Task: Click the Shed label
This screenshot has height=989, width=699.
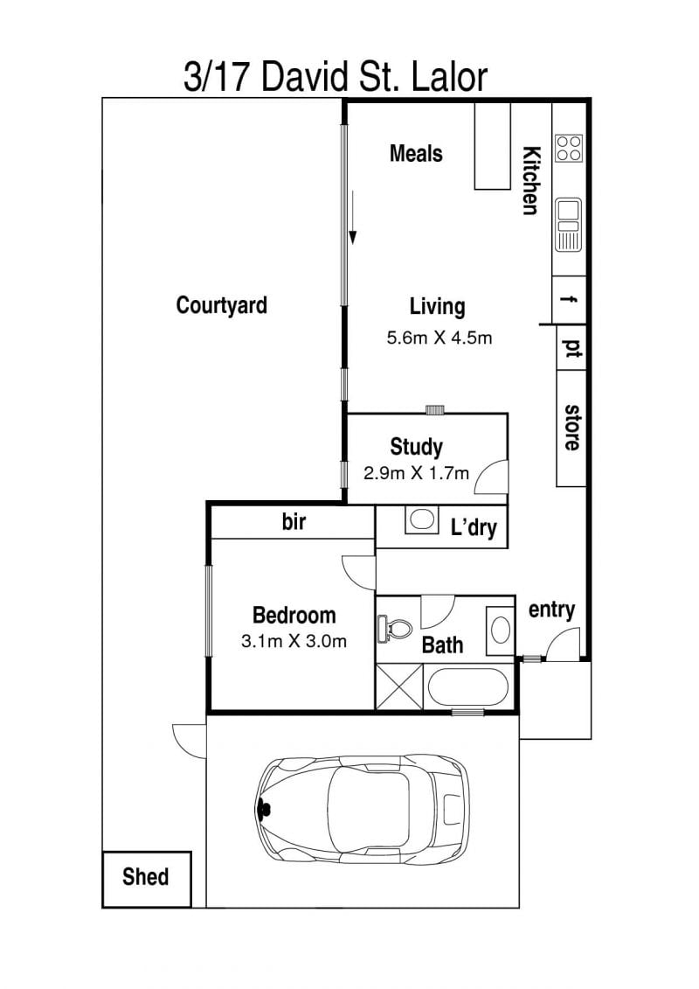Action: pos(146,877)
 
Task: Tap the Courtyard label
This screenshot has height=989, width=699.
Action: pos(221,305)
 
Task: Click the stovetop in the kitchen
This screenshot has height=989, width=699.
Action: pos(569,149)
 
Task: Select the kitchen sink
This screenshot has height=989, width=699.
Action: pos(569,224)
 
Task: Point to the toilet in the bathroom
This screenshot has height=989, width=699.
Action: pos(394,629)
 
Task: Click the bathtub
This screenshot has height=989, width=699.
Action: pos(467,688)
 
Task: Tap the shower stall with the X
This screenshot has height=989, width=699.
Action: pos(399,686)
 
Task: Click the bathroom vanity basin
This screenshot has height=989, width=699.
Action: pos(501,630)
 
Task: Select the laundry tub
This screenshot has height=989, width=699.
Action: pos(421,519)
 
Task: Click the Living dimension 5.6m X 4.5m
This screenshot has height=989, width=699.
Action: pos(439,338)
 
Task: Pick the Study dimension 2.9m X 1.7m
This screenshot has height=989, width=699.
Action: pos(416,472)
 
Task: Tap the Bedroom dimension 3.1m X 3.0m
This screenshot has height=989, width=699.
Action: pos(294,642)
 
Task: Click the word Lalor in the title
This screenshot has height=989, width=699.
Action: pos(449,77)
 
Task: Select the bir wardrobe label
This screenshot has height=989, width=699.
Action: pos(294,522)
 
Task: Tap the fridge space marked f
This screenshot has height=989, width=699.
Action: pos(569,299)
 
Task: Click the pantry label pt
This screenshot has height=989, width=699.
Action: pos(571,349)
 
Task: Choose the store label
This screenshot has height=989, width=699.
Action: pos(571,427)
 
